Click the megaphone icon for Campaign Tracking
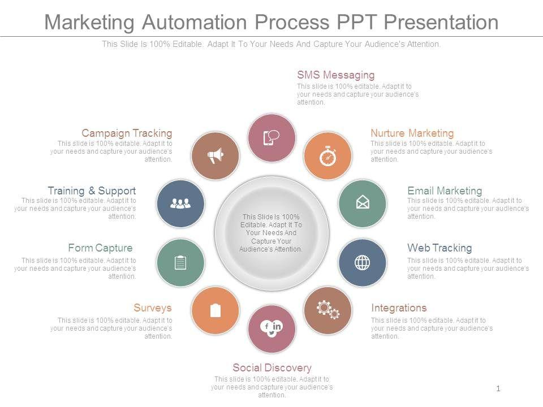215,155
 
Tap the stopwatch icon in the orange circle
328,156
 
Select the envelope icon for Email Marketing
362,203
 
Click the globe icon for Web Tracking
362,262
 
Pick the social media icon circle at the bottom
271,328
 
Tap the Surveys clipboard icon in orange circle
215,310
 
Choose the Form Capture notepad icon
180,262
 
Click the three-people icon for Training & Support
180,203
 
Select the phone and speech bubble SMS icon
271,137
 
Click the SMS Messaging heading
336,75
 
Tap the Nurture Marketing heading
412,133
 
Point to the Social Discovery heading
272,368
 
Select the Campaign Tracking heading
127,133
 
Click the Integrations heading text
399,308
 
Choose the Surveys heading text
153,308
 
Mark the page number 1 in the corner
498,388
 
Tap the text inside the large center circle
271,233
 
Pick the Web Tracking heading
439,248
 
